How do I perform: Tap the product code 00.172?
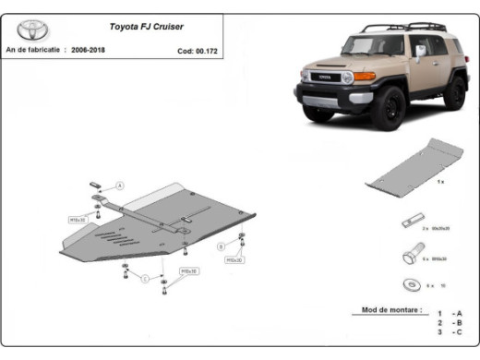coord(207,52)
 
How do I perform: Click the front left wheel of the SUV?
coord(385,109)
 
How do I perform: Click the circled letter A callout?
coord(119,186)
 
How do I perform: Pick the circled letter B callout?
coord(221,246)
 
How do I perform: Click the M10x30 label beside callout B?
coord(234,260)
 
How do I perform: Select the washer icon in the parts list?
coord(410,284)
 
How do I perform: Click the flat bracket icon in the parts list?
coord(410,222)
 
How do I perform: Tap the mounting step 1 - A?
coord(450,314)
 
